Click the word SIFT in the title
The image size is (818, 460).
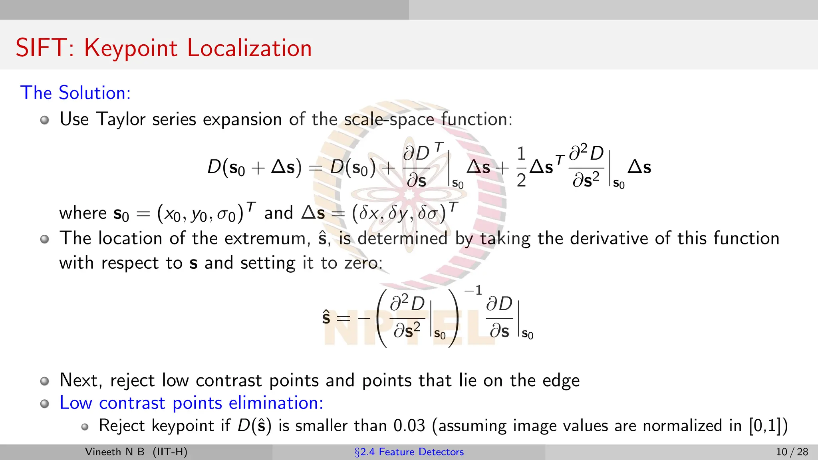(x=41, y=48)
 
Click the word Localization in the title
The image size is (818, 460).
(x=249, y=49)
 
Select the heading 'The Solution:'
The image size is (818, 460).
(x=75, y=93)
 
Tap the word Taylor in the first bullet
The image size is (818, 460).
(x=121, y=119)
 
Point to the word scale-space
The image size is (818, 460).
(x=389, y=119)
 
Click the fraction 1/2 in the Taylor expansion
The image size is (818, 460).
(x=521, y=167)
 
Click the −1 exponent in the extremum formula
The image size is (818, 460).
(x=473, y=290)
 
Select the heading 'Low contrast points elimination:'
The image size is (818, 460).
(x=191, y=403)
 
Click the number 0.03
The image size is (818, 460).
(x=409, y=426)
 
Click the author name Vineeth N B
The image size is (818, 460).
(x=115, y=452)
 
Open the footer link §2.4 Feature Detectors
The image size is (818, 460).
(x=409, y=452)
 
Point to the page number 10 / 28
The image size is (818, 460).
(x=792, y=452)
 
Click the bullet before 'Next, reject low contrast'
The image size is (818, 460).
(x=45, y=381)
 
